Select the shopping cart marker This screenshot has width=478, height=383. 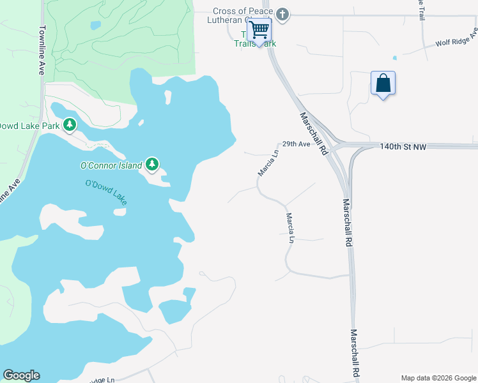coord(259,29)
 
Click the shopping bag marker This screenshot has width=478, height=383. coord(383,83)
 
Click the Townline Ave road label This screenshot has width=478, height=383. coord(42,50)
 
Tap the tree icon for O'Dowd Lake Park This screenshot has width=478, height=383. coord(70,125)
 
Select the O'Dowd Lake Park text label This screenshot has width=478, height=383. coord(29,126)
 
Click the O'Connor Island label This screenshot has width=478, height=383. coord(111,165)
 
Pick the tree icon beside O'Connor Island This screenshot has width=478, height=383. coord(151,165)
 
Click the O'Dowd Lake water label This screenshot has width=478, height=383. coord(106,193)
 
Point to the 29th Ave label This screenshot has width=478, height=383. coord(296,144)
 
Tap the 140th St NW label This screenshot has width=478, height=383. coord(402,147)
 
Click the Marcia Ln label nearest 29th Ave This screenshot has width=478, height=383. coord(268,163)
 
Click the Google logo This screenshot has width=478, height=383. coord(21,375)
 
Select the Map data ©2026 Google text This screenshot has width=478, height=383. coord(438,378)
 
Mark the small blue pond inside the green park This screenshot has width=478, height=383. coord(95,26)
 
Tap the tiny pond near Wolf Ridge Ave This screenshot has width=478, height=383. coord(395,58)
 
